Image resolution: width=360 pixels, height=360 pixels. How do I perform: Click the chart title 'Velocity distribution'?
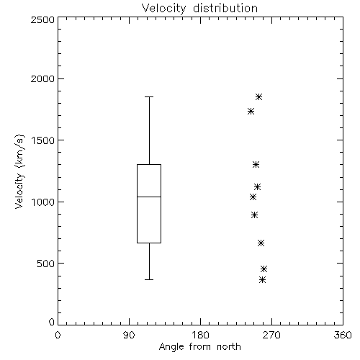point(199,9)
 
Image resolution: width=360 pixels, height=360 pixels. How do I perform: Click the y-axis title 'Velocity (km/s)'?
point(19,171)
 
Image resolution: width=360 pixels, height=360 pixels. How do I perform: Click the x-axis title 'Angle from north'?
point(199,347)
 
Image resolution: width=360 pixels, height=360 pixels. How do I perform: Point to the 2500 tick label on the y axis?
point(42,19)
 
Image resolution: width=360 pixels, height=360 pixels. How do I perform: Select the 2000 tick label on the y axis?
point(42,78)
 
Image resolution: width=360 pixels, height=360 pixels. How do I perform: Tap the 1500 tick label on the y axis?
point(43,140)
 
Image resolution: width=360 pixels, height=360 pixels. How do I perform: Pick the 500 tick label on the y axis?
point(46,264)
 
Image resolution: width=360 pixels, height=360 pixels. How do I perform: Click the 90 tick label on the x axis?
point(129,335)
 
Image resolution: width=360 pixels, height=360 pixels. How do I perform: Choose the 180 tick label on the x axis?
point(200,335)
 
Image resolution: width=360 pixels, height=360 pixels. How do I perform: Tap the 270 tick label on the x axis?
point(271,335)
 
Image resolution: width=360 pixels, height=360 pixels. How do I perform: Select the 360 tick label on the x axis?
point(343,335)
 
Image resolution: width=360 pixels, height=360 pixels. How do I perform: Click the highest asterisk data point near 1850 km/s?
point(258,97)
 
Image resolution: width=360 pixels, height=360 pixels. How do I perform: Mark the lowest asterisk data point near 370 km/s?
point(263,280)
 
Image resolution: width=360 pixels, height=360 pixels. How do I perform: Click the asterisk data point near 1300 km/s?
point(256,165)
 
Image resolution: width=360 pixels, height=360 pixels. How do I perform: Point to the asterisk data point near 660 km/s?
point(261,243)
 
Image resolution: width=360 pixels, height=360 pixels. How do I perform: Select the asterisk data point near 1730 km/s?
point(251,112)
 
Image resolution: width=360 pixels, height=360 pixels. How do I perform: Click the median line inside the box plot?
point(149,197)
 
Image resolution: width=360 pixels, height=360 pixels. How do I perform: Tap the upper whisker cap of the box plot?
point(149,97)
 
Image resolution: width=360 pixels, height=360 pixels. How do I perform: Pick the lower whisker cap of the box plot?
point(149,279)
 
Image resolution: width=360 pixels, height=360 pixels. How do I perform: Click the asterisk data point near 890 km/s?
point(255,215)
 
